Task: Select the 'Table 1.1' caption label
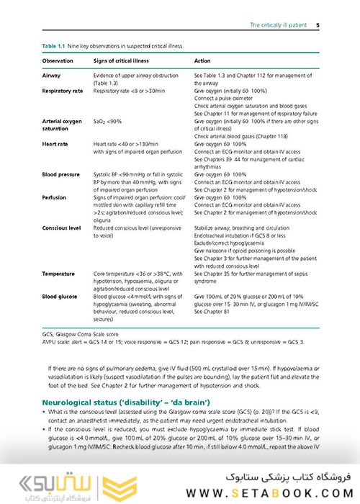point(55,46)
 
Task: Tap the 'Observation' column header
point(58,60)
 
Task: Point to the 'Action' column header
point(202,60)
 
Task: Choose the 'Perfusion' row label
point(55,196)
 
